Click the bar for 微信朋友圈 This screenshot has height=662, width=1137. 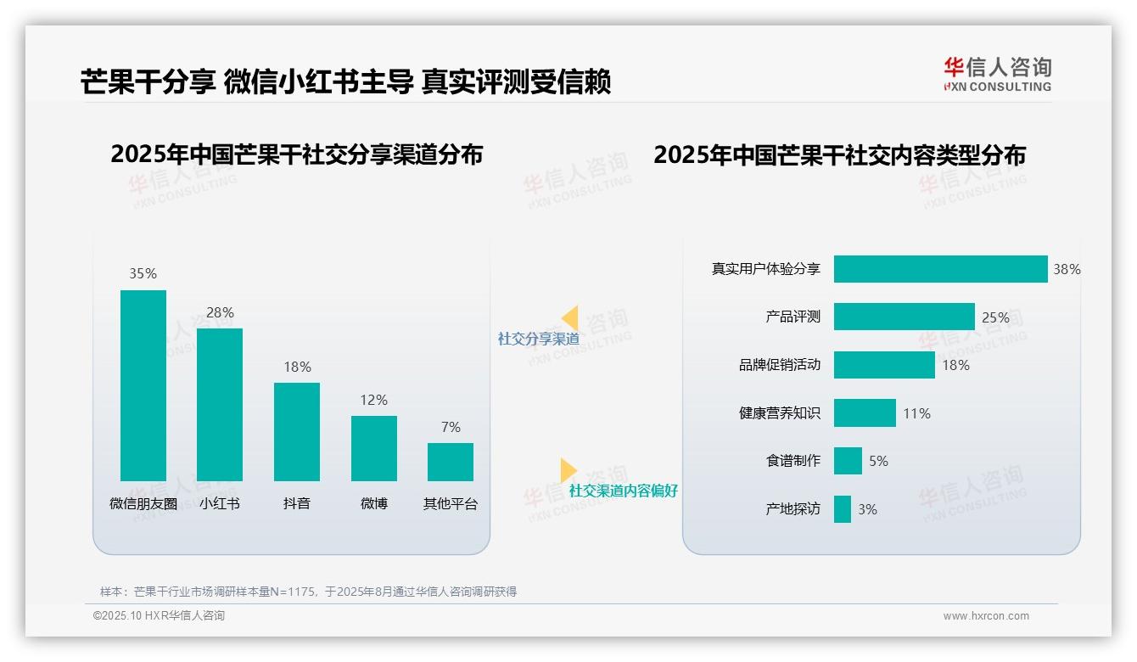(143, 385)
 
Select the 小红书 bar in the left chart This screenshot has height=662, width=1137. (220, 404)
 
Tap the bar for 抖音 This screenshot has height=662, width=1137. (297, 431)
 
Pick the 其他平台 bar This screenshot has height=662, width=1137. (451, 462)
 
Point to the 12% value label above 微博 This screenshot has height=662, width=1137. (373, 400)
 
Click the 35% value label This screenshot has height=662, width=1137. (143, 273)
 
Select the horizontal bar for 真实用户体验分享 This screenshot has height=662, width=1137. (940, 269)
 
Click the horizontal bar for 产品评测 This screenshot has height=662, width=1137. (904, 317)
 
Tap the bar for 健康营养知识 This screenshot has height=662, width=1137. (865, 413)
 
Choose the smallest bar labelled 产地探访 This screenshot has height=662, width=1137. (842, 509)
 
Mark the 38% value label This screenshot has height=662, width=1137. (1067, 269)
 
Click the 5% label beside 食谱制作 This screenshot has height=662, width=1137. (878, 461)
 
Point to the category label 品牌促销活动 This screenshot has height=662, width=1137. (779, 365)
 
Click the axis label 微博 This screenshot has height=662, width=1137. (373, 503)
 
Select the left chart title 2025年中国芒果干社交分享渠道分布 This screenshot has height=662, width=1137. (296, 154)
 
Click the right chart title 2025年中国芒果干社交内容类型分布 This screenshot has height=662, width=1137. (839, 154)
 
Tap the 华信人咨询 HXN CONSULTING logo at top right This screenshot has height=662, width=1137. (997, 75)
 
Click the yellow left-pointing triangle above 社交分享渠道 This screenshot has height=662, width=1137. (569, 318)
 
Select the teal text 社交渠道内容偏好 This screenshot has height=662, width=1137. (623, 491)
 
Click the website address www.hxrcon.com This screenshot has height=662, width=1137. (985, 616)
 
